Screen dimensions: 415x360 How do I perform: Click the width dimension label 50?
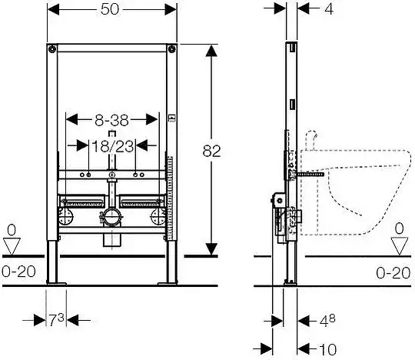pos(110,9)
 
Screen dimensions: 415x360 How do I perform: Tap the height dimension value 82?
pos(211,152)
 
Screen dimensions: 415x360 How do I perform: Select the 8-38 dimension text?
pos(111,120)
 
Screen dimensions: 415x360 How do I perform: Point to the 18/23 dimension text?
pos(112,146)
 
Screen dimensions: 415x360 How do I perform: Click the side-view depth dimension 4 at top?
pos(329,9)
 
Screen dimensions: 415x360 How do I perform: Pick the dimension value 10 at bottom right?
pos(328,349)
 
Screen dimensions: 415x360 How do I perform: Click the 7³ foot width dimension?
pos(56,320)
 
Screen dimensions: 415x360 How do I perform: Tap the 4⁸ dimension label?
pos(327,321)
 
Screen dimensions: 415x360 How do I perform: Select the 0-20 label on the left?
pos(18,272)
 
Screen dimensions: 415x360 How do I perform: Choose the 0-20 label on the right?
pos(393,273)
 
